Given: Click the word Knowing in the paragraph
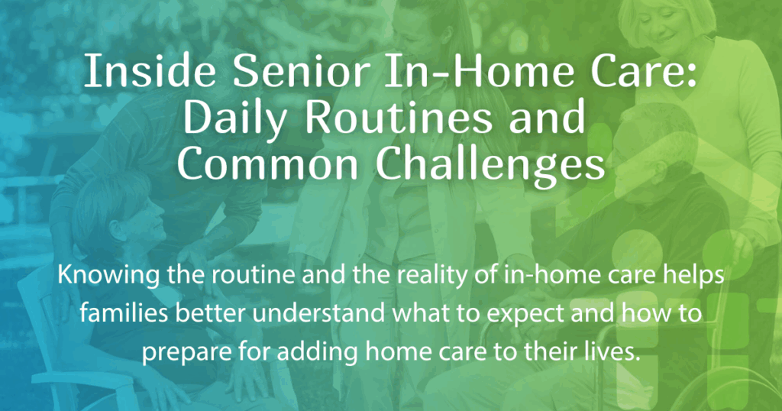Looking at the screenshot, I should pos(99,276).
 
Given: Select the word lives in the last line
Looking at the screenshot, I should pos(611,354).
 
